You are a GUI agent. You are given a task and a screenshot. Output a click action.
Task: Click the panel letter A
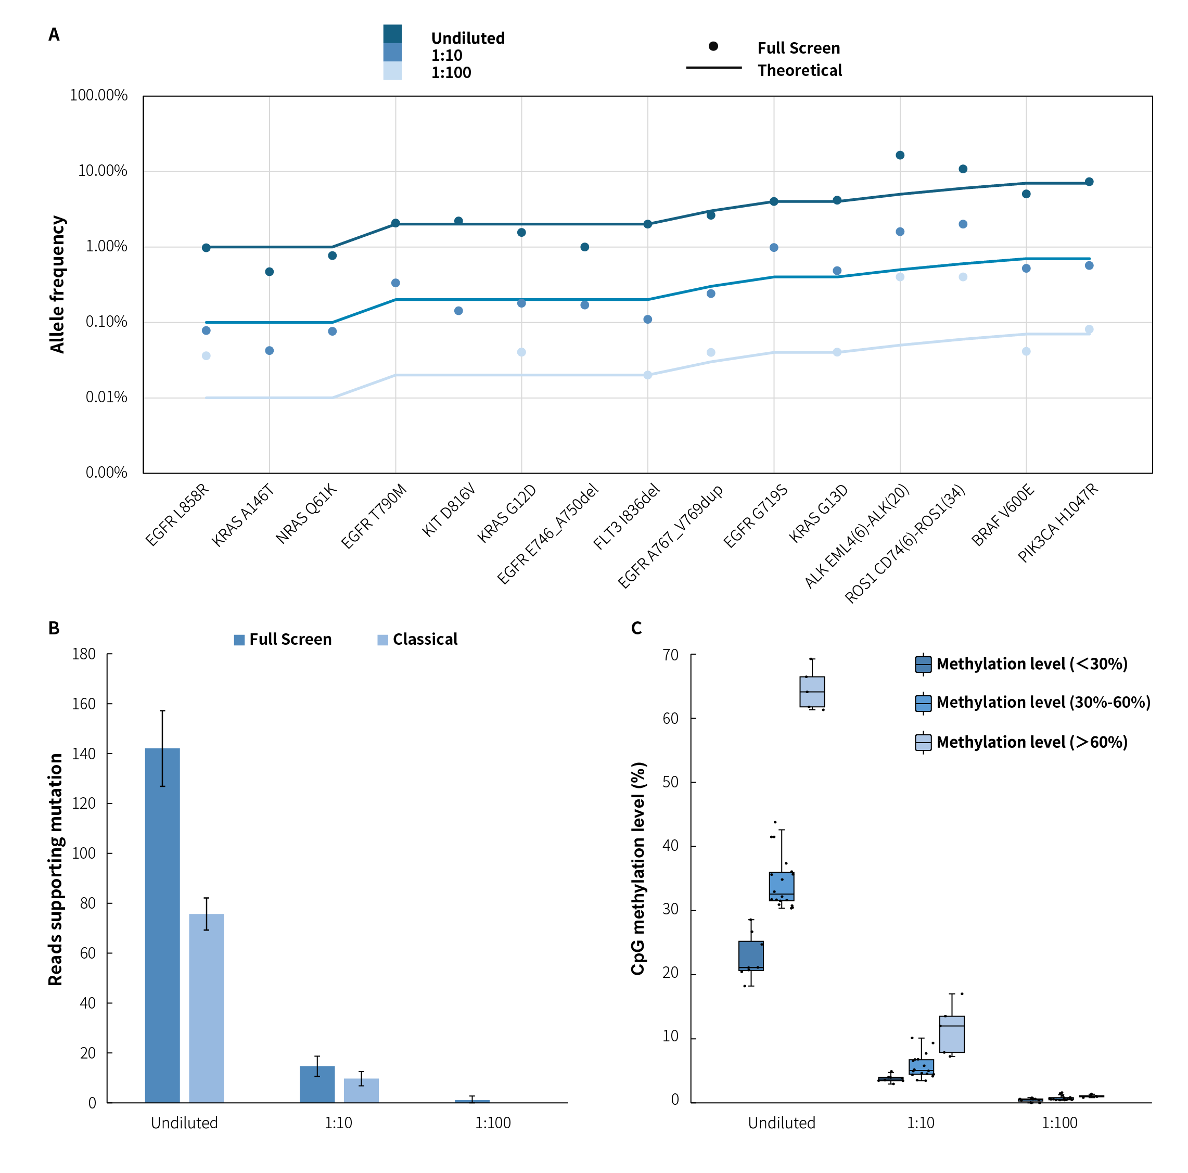[x=54, y=34]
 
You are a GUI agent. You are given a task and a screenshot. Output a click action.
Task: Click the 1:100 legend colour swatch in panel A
[x=392, y=71]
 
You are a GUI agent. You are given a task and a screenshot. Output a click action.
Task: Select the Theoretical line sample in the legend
[x=713, y=68]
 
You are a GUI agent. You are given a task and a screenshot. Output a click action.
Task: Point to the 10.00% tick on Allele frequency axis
[x=102, y=171]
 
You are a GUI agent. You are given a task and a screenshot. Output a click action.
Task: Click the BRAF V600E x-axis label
[x=1003, y=515]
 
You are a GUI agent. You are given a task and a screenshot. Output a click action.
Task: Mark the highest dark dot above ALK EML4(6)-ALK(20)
[x=900, y=155]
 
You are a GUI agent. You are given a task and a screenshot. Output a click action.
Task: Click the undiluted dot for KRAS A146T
[x=270, y=272]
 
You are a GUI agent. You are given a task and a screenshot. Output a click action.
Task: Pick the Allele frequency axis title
[x=57, y=284]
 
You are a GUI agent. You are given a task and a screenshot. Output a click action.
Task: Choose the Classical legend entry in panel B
[x=424, y=640]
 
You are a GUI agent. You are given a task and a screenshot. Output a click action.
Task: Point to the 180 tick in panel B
[x=84, y=654]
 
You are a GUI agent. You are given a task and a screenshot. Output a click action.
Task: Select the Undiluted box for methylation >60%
[x=812, y=692]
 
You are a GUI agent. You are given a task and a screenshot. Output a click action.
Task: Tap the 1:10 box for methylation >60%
[x=951, y=1034]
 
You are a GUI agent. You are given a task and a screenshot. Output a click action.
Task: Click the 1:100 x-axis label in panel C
[x=1059, y=1123]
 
